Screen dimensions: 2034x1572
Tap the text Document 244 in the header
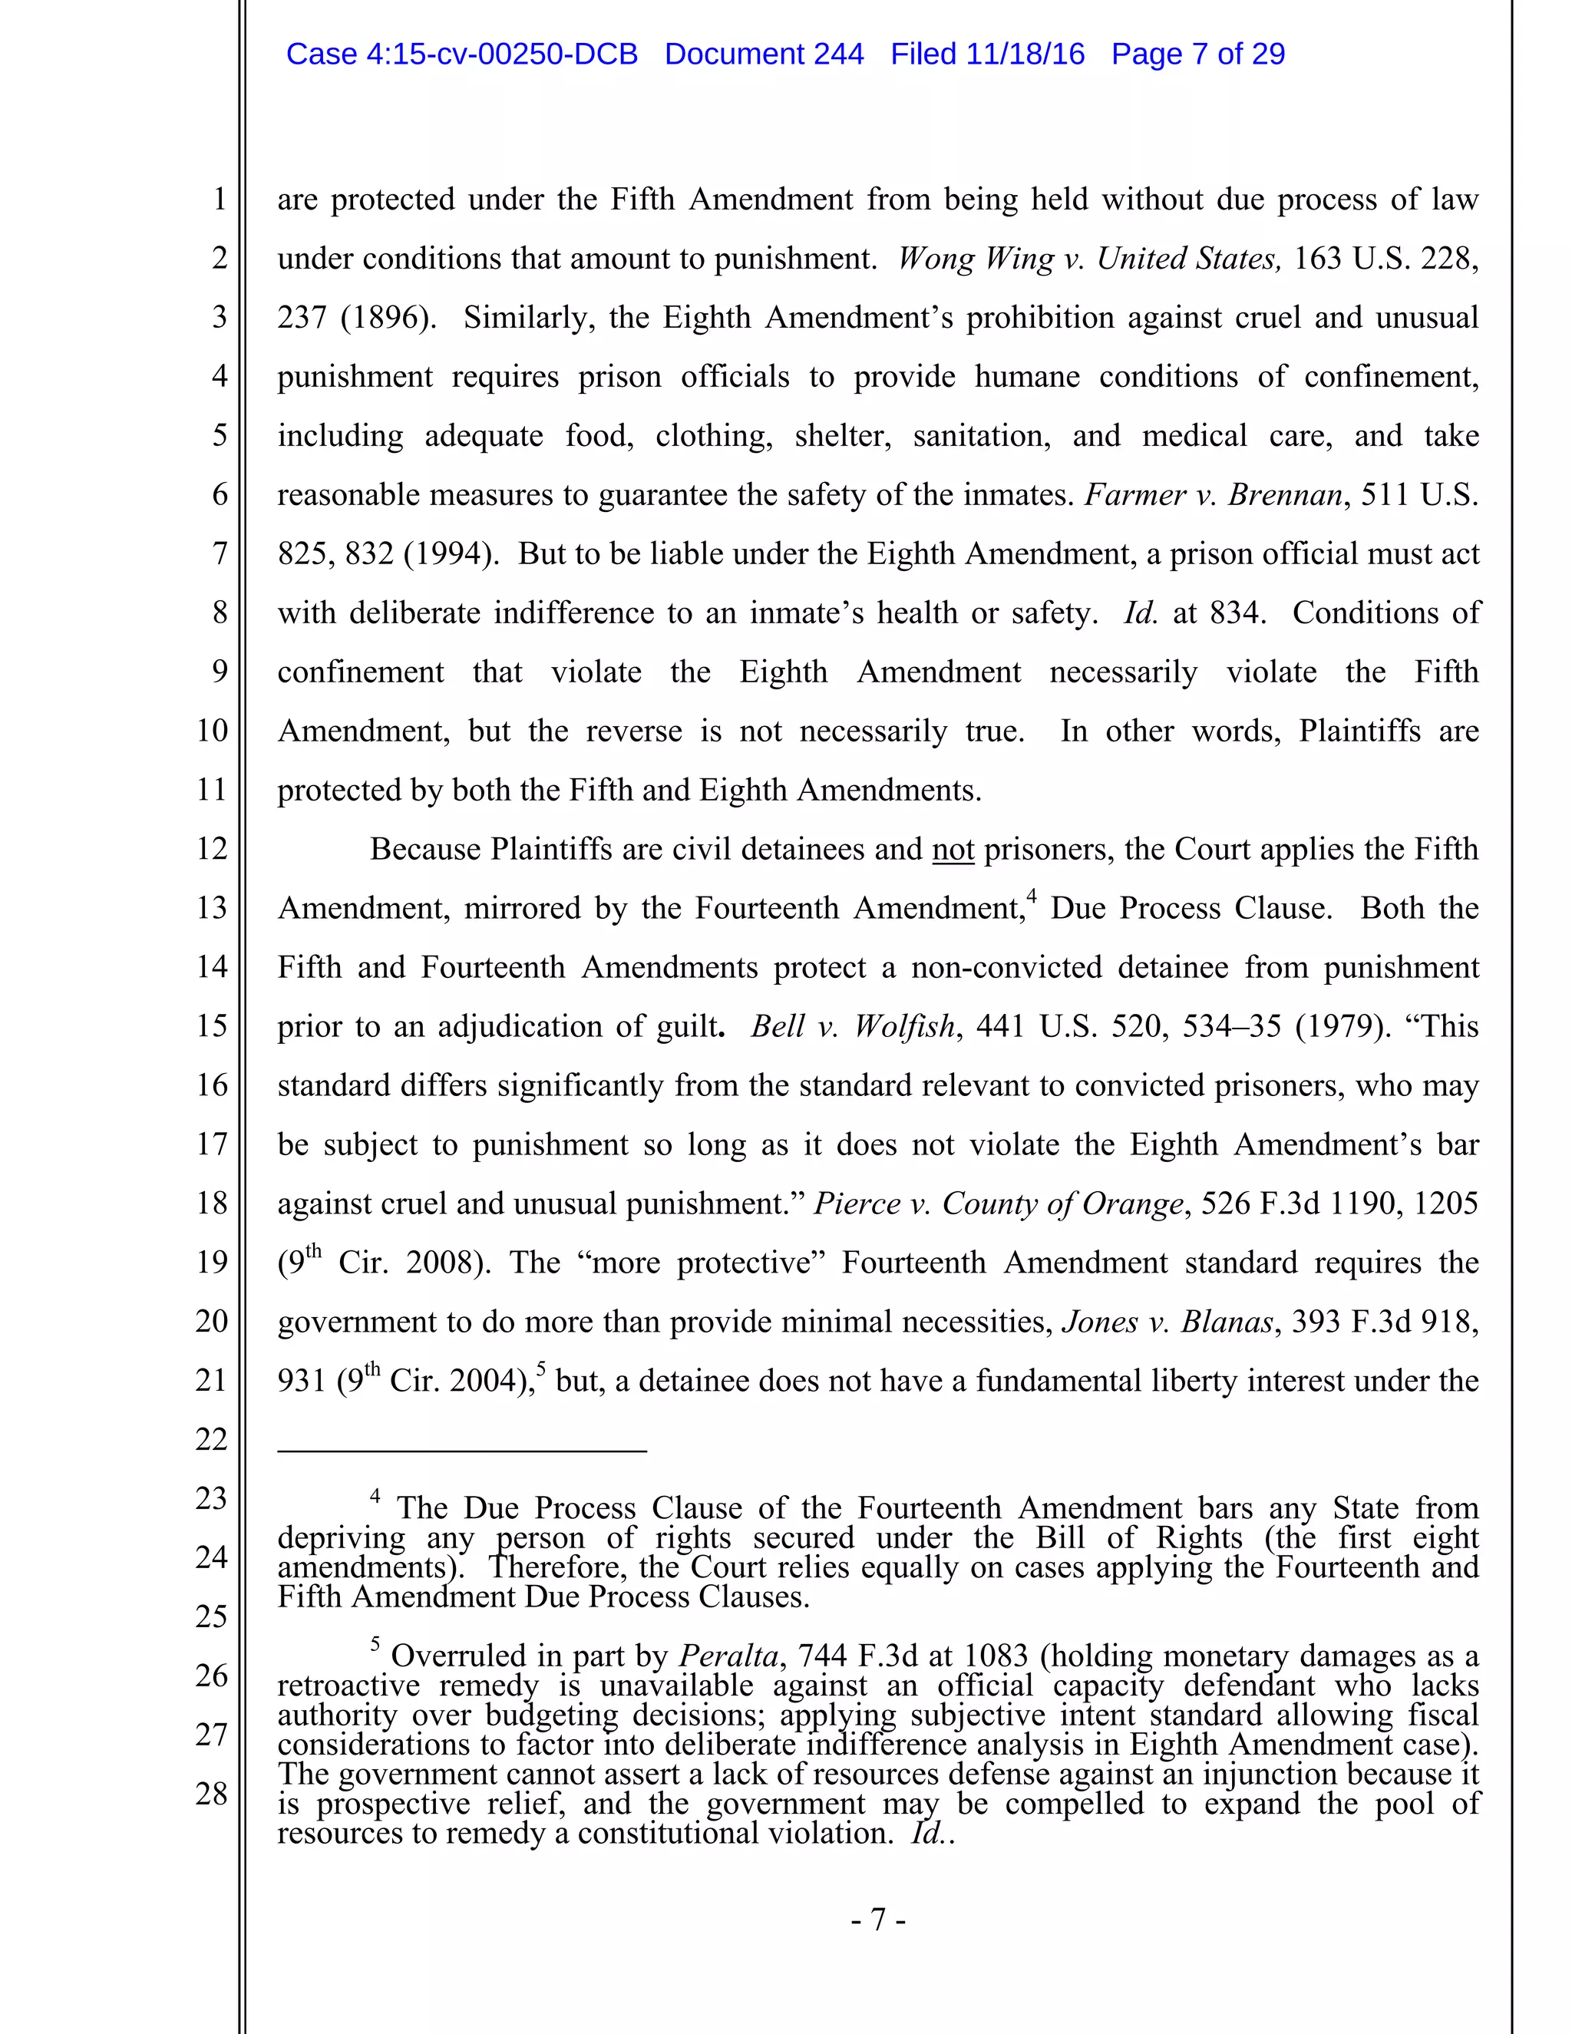[x=764, y=54]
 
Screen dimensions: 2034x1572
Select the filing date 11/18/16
[x=1025, y=54]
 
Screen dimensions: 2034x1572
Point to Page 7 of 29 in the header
[x=1197, y=54]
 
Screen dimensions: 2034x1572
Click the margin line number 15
[x=213, y=1025]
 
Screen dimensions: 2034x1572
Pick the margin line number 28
[x=213, y=1793]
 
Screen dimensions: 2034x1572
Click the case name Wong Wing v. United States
[x=1088, y=258]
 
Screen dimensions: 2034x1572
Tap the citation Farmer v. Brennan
[x=1214, y=494]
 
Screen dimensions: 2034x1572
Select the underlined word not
[x=953, y=850]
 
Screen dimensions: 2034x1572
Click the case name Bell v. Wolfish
[x=852, y=1026]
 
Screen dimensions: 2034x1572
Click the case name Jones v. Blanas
[x=1167, y=1322]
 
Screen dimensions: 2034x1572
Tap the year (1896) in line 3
[x=388, y=318]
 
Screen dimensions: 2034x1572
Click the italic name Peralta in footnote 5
[x=728, y=1656]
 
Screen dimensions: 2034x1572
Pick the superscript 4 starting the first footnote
[x=375, y=1497]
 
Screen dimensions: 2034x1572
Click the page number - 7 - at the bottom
[x=877, y=1920]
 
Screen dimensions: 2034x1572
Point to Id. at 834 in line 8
[x=1193, y=613]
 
